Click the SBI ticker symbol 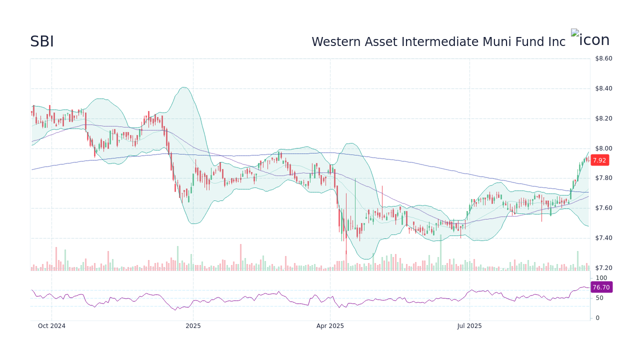[42, 42]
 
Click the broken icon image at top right [590, 39]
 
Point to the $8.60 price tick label [603, 58]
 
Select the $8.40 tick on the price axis [603, 88]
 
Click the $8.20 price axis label [603, 118]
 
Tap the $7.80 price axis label [603, 178]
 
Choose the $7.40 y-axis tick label [603, 237]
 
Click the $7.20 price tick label [603, 267]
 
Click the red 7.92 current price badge [599, 160]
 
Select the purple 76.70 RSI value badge [601, 287]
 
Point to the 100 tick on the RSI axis [601, 278]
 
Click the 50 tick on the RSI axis [599, 298]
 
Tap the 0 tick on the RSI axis [597, 317]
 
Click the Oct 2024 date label [51, 326]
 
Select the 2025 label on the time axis [193, 326]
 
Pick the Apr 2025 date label [330, 326]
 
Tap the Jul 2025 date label [469, 326]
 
